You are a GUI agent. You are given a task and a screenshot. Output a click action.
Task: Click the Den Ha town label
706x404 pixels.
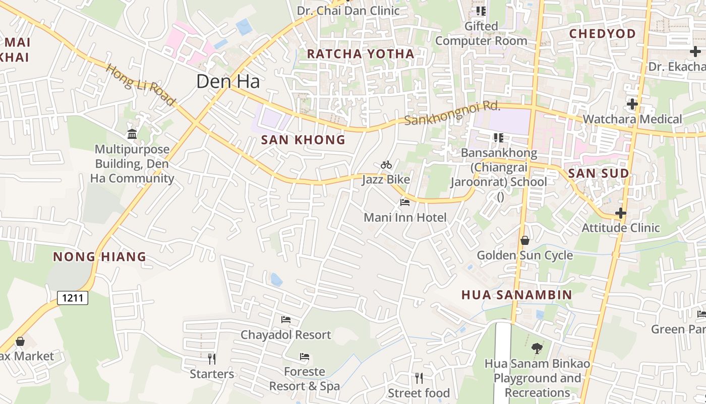coord(227,81)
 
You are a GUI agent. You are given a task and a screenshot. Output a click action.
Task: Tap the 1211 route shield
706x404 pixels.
coord(73,298)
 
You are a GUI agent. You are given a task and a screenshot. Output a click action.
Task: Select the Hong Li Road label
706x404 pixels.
coord(140,84)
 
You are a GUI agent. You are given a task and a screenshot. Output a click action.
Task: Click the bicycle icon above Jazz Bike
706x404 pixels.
coord(386,165)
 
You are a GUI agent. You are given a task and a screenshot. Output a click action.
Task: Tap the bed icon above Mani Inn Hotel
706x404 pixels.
coord(404,203)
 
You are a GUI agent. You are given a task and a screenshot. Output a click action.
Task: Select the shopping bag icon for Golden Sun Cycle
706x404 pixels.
coord(525,240)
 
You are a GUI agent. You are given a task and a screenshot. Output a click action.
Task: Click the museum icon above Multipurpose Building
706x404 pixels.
coord(132,134)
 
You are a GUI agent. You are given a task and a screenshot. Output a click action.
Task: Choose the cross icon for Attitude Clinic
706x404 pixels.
coord(621,213)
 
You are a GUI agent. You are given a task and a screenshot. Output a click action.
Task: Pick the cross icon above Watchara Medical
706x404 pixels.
coord(632,104)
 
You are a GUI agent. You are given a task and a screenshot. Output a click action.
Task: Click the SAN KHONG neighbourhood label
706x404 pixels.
coord(303,140)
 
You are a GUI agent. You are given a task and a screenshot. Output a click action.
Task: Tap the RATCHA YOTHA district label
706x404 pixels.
coord(361,54)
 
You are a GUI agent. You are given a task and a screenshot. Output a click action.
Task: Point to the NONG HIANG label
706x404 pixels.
coord(99,257)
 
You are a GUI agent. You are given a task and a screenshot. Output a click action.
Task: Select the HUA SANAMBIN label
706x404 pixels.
coord(517,294)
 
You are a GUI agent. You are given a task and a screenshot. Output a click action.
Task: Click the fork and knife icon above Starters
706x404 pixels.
coord(212,359)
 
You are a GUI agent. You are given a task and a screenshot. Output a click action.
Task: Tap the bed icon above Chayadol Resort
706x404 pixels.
coord(286,320)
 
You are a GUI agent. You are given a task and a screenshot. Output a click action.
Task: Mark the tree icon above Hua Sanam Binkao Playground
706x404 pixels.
coord(537,348)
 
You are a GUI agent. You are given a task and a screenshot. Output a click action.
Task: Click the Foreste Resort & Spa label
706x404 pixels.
coord(304,379)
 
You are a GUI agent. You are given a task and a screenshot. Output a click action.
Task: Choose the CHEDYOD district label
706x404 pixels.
coord(602,34)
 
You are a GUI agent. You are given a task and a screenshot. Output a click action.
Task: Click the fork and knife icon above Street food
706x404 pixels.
coord(419,378)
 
